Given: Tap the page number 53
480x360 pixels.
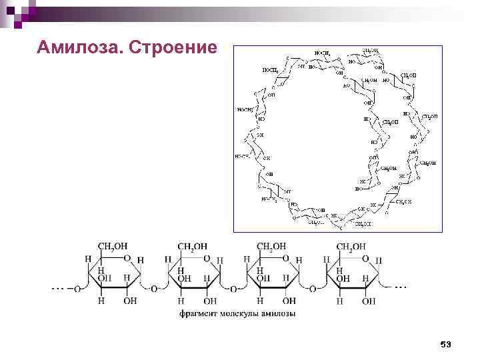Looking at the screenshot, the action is click(x=446, y=344).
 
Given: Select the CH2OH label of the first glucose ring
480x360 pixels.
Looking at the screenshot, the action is click(x=113, y=247).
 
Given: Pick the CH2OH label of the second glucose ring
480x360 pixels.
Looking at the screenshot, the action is click(x=193, y=247).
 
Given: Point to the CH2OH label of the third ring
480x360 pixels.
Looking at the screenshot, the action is click(x=272, y=247).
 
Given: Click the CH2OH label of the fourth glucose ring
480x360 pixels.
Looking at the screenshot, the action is click(x=351, y=247).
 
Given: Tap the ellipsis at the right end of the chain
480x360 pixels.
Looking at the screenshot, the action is click(x=400, y=286).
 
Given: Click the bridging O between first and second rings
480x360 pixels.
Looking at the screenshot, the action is click(x=154, y=289).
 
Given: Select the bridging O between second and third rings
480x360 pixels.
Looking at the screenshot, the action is click(x=233, y=289).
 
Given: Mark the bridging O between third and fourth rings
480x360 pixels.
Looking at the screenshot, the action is click(x=313, y=289).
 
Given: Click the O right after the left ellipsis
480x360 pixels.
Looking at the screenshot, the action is click(x=77, y=289).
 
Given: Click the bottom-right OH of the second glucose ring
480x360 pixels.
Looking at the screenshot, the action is click(x=210, y=301).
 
